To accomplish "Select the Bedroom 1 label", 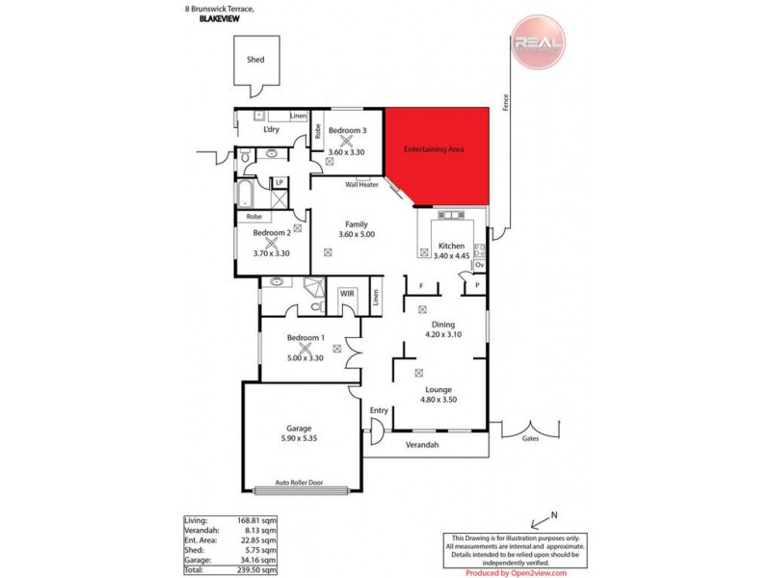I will click(x=306, y=337).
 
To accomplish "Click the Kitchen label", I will click(x=451, y=246).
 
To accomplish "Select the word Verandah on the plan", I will click(x=422, y=445).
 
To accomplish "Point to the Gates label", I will click(x=530, y=437).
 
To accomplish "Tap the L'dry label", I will click(x=272, y=130).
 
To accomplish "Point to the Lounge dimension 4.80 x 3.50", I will click(x=439, y=400).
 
